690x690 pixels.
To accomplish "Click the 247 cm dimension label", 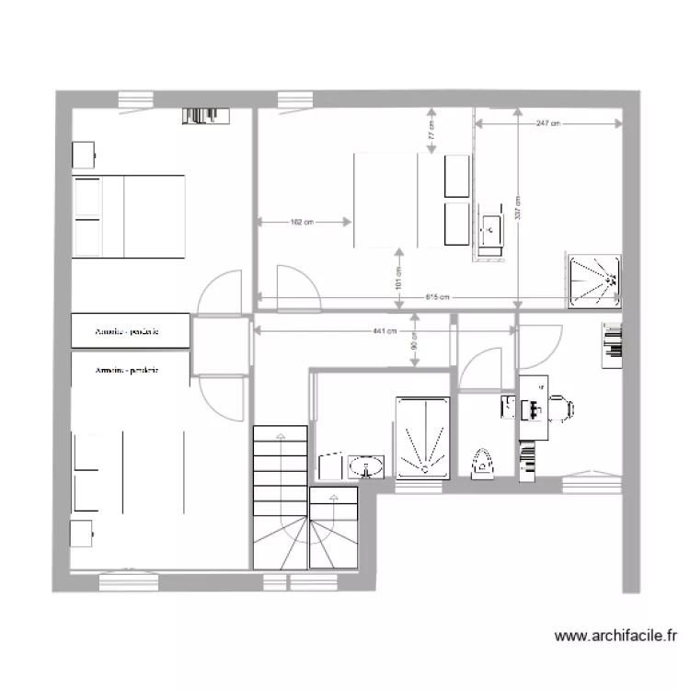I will (547, 122).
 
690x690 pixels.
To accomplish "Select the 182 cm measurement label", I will (302, 222).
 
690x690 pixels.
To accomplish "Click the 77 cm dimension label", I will (431, 131).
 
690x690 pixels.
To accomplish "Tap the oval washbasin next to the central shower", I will (369, 468).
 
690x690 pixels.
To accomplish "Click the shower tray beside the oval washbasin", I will (422, 438).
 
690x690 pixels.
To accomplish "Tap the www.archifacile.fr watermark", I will (617, 634).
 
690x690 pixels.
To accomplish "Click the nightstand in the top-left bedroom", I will (83, 154).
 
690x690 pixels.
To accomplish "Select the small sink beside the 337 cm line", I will (490, 225).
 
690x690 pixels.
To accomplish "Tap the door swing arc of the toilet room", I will (478, 368).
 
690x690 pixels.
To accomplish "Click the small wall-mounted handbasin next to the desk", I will (508, 407).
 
